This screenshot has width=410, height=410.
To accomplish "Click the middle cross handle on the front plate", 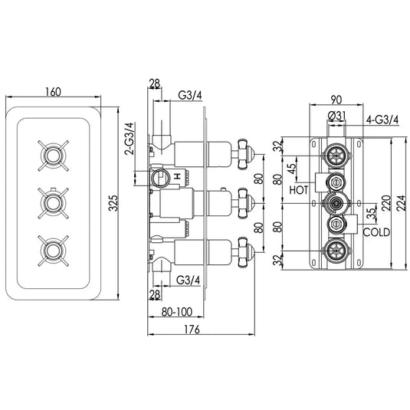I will [x=53, y=203].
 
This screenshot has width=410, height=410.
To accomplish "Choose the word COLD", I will [x=376, y=231].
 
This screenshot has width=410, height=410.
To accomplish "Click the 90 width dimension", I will [x=335, y=97].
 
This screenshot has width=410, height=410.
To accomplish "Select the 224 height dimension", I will [x=403, y=202].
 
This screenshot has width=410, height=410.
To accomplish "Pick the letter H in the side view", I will [x=179, y=178].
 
